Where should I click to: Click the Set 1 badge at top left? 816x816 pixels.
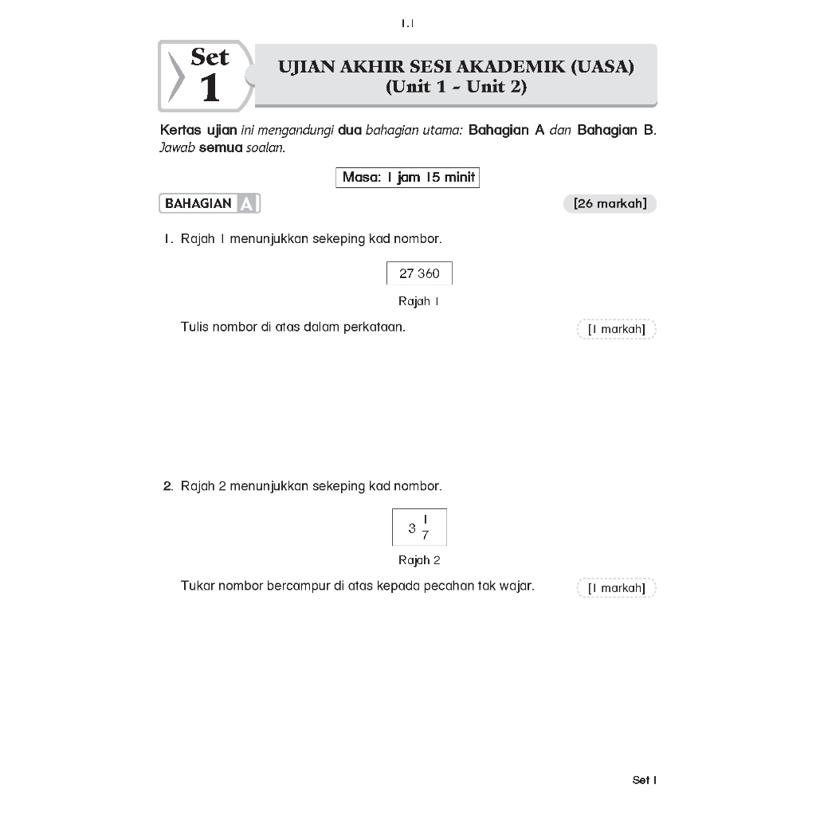pos(206,76)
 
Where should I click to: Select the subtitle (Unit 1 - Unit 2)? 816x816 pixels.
pos(456,87)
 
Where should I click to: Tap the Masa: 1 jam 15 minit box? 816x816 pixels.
pos(407,177)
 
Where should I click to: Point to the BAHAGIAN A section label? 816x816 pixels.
pos(210,204)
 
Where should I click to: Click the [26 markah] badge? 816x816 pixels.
pos(610,204)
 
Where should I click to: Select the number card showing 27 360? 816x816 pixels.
pos(419,273)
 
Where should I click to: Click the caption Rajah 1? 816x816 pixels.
pos(418,301)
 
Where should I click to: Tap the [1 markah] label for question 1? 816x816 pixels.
pos(616,329)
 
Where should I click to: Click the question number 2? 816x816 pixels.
pos(168,486)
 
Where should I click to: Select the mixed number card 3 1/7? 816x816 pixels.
pos(419,527)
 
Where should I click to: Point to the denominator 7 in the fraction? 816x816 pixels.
pos(426,535)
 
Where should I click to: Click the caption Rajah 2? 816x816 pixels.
pos(419,560)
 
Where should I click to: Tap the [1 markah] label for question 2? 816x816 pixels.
pos(616,588)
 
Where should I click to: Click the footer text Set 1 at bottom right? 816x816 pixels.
pos(644,780)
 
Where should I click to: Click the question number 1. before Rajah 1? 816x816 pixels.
pos(168,239)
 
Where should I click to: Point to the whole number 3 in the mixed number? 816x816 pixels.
pos(411,528)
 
